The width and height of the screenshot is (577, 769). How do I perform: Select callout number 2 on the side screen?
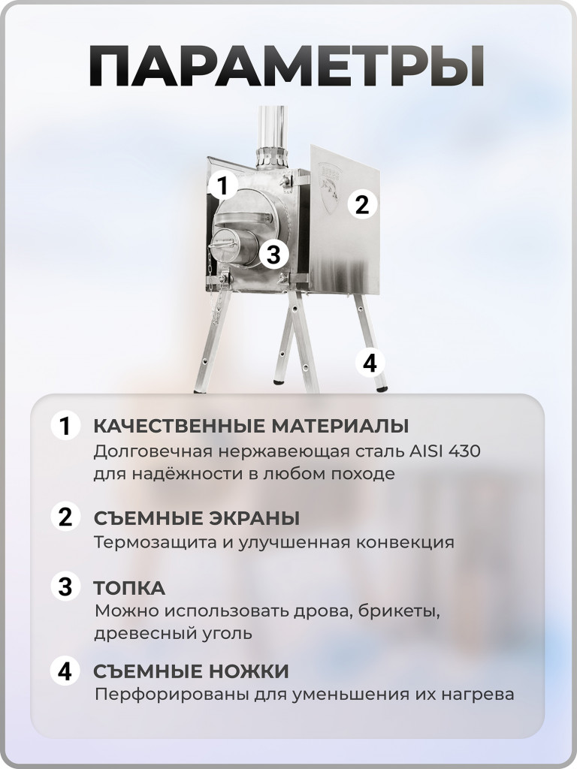(x=362, y=204)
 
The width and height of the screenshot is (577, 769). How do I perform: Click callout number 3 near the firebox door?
(x=273, y=255)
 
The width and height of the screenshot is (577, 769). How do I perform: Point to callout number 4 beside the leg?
(x=369, y=363)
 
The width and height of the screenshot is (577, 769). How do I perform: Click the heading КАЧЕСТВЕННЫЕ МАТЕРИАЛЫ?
(x=251, y=427)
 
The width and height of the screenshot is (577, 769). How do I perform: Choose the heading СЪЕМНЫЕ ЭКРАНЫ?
(x=196, y=518)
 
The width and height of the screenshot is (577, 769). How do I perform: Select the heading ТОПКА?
(x=129, y=587)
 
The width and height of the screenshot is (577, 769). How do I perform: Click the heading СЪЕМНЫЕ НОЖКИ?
(x=191, y=671)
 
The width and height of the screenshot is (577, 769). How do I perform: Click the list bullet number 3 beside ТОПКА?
(x=65, y=587)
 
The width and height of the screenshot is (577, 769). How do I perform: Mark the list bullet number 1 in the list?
(x=65, y=427)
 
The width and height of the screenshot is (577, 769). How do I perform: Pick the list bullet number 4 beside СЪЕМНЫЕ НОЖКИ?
(x=65, y=671)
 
